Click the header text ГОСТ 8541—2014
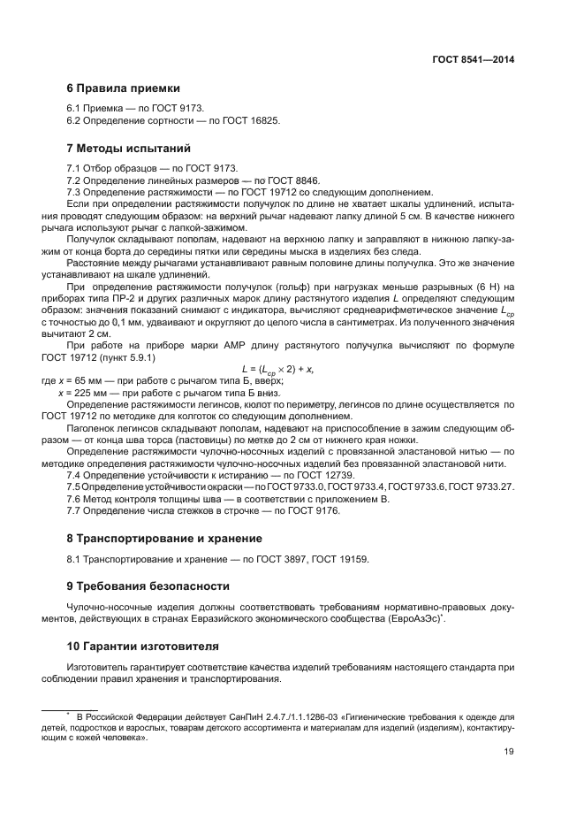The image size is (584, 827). [x=473, y=59]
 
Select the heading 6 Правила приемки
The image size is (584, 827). [x=124, y=88]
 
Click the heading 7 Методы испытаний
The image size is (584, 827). [x=129, y=148]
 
